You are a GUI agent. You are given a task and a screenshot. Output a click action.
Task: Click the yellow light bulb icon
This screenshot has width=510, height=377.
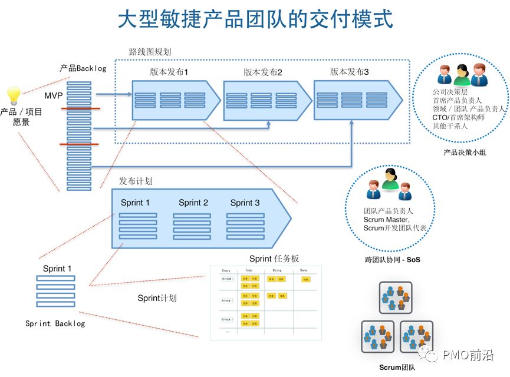point(13,95)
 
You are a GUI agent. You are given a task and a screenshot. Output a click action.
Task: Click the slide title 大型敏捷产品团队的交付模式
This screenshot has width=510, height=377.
point(255,19)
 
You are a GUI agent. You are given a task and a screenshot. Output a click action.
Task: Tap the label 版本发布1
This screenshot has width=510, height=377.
point(169,72)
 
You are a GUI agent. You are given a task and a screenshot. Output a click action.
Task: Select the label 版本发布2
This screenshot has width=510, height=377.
point(263,72)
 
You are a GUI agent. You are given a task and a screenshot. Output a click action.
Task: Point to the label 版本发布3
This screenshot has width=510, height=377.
point(350,72)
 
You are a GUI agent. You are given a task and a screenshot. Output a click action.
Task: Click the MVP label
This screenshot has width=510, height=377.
point(54,95)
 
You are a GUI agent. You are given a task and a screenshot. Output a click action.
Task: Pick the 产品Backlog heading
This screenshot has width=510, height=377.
point(83,68)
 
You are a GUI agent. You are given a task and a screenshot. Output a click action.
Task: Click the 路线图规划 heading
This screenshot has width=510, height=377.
point(150,52)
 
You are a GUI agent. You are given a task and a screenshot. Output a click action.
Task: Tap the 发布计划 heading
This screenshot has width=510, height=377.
point(136,181)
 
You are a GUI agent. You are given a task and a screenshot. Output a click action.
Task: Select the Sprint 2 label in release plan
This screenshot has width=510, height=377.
point(193,203)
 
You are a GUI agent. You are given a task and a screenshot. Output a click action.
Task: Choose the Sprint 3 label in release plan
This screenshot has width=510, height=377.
point(245,203)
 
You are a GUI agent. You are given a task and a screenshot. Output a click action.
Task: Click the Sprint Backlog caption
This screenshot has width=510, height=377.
point(55,323)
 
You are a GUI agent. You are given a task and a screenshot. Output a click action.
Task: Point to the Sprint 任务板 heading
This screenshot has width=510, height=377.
point(274,258)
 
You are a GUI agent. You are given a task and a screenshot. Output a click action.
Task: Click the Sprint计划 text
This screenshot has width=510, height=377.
point(157,298)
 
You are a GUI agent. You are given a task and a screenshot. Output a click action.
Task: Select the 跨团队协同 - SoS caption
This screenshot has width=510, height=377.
point(392,259)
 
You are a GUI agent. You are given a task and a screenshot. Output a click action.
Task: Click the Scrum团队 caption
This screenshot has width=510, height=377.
point(397,368)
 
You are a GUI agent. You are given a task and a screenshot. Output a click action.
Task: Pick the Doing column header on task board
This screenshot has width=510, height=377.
point(277,270)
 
